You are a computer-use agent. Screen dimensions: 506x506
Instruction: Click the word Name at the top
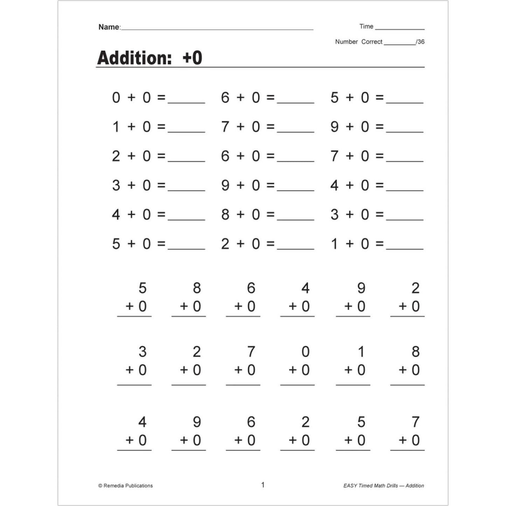tap(109, 27)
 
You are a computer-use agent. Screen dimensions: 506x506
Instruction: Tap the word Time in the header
tap(366, 26)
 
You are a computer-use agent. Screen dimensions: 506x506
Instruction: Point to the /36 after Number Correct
tap(420, 42)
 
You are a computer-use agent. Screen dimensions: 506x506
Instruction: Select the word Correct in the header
tap(372, 42)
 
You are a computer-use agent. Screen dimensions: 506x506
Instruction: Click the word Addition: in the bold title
tap(134, 58)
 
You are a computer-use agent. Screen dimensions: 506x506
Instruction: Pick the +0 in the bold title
tap(192, 58)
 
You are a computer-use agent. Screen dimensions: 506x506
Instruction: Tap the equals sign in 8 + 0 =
tap(270, 214)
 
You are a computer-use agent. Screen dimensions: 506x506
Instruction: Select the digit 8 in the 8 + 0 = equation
tap(225, 214)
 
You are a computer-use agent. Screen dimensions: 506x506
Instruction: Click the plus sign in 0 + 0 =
tap(131, 97)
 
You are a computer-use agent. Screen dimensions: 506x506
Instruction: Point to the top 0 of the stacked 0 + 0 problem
tap(305, 352)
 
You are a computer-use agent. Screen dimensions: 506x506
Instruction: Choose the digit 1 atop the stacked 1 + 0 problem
tap(361, 352)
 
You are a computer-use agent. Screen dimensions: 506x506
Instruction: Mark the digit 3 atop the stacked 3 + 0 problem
tap(142, 352)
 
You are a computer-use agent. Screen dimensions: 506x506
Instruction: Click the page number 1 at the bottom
tap(263, 485)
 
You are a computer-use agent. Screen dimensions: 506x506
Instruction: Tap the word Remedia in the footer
tap(114, 486)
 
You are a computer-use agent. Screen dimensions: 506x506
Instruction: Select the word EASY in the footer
tap(350, 486)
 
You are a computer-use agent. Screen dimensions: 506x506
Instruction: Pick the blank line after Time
tap(400, 28)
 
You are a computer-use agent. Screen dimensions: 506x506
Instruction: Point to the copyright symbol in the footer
tap(100, 486)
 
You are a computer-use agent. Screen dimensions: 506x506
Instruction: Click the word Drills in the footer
tap(390, 486)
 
